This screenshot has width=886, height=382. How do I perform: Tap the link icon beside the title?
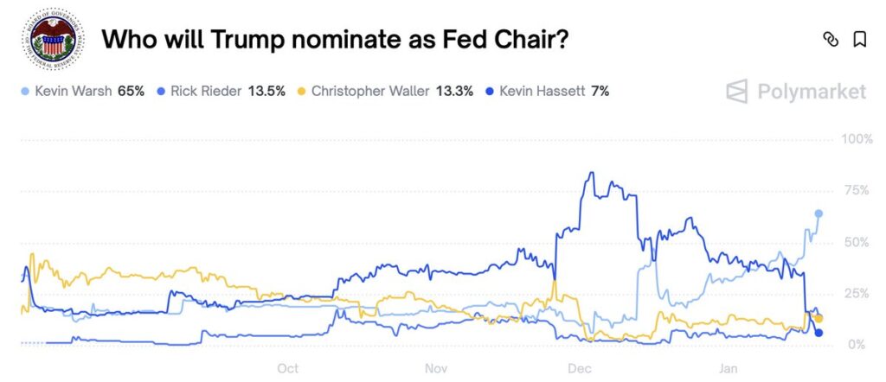(x=831, y=39)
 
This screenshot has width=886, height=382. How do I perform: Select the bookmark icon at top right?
(x=859, y=39)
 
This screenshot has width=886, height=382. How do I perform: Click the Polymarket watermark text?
(x=812, y=91)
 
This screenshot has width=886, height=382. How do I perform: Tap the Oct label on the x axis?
(x=288, y=369)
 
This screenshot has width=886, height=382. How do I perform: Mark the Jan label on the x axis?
(x=729, y=369)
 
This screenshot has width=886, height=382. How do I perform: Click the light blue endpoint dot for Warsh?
(x=819, y=213)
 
